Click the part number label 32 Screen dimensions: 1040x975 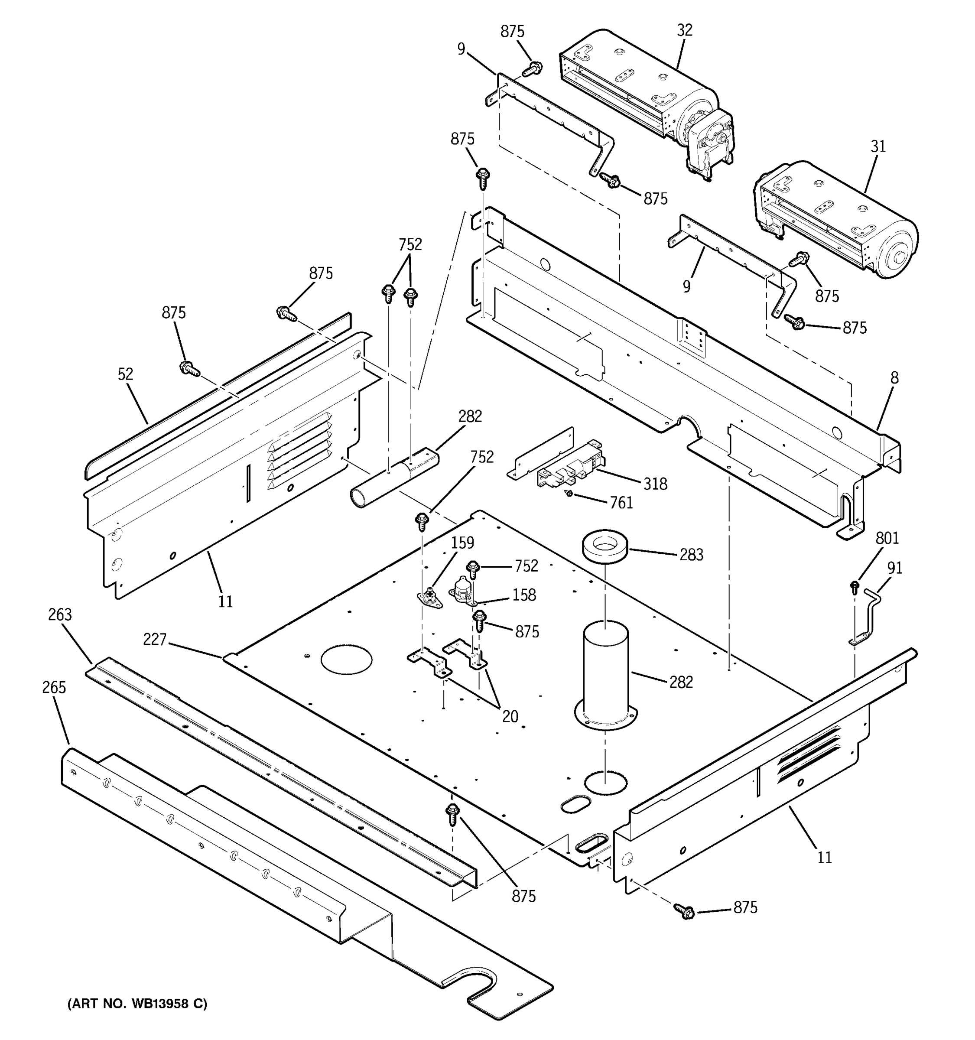pos(684,30)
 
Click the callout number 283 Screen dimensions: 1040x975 pos(691,555)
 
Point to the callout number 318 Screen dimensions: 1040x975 pos(655,484)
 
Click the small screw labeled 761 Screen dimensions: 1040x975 pos(570,493)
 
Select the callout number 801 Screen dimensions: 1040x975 pos(887,538)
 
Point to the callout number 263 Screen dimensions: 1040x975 pos(60,615)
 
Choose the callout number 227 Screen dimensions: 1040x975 pos(154,639)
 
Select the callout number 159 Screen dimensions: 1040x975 pos(462,543)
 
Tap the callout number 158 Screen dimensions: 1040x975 pos(524,595)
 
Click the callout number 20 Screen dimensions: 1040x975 pos(510,716)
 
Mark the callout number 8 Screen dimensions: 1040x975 pos(894,378)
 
